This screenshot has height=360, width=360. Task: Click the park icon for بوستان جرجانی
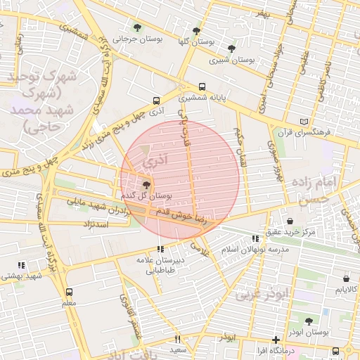(x=137, y=28)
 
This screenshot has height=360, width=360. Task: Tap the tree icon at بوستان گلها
(x=196, y=31)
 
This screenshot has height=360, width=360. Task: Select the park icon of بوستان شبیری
(x=231, y=49)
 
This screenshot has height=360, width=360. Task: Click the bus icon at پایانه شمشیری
(x=202, y=86)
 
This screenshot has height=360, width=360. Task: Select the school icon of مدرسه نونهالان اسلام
(x=255, y=239)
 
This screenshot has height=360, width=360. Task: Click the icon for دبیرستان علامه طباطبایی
(x=161, y=249)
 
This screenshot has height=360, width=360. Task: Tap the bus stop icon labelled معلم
(x=69, y=292)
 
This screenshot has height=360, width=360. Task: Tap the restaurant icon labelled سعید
(x=177, y=339)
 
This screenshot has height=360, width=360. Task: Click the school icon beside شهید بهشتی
(x=21, y=265)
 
